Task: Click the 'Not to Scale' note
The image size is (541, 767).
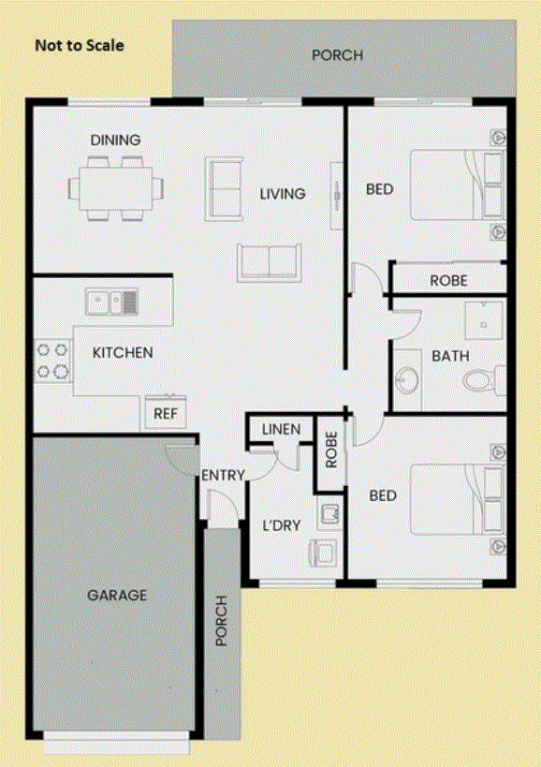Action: (x=80, y=46)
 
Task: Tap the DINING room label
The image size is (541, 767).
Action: (x=115, y=140)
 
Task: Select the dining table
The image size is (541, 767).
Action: (x=116, y=188)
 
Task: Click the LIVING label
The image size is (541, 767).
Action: (x=283, y=194)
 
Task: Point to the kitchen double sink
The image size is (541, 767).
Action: (x=112, y=302)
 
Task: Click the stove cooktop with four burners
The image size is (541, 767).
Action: (x=52, y=361)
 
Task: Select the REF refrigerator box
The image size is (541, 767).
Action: (x=166, y=413)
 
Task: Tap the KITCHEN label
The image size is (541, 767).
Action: (x=123, y=353)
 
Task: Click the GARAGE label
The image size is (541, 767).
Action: (x=117, y=596)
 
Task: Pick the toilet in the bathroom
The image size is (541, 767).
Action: (x=484, y=379)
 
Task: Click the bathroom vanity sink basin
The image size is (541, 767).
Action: (x=407, y=379)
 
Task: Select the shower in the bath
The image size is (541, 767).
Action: (x=484, y=320)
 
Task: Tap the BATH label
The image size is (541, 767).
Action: (x=450, y=356)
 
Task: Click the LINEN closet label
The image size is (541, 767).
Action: (x=281, y=430)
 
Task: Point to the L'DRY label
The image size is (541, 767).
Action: (x=282, y=525)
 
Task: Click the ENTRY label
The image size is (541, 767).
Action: (x=223, y=475)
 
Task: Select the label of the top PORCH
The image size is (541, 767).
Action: (x=337, y=54)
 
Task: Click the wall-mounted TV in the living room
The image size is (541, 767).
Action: (x=337, y=196)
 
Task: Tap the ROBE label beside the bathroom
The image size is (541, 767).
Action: (x=448, y=281)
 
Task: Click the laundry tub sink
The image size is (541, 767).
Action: (x=329, y=513)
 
